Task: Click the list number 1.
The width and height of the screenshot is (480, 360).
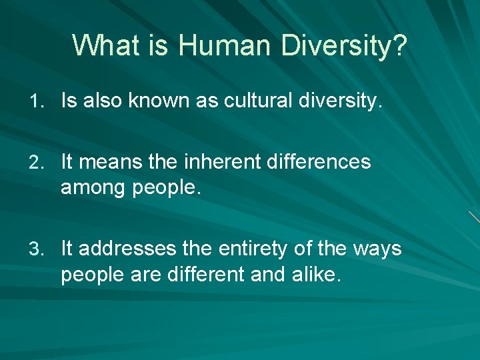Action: point(37,101)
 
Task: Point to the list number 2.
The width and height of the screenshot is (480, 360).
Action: point(37,162)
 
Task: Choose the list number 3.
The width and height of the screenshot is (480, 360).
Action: point(37,249)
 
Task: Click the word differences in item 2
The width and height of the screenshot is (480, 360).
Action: point(319,162)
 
